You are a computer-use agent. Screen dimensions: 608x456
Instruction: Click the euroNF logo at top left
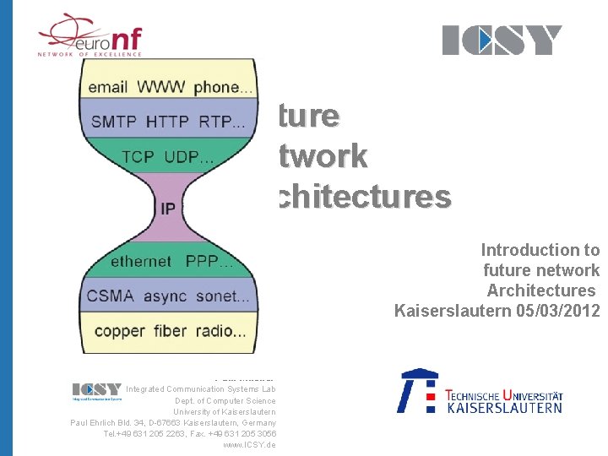90,35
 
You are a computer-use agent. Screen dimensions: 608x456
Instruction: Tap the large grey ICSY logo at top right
502,40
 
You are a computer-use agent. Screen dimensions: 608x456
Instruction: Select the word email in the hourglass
107,87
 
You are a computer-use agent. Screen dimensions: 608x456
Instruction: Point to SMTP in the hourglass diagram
113,122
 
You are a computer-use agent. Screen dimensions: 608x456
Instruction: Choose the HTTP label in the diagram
167,122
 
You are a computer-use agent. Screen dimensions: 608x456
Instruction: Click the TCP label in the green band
138,157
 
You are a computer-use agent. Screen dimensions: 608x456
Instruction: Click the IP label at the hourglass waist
168,208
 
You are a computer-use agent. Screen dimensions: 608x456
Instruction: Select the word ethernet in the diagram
140,262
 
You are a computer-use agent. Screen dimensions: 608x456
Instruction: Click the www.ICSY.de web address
249,444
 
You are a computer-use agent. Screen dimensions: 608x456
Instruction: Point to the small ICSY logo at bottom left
97,389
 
